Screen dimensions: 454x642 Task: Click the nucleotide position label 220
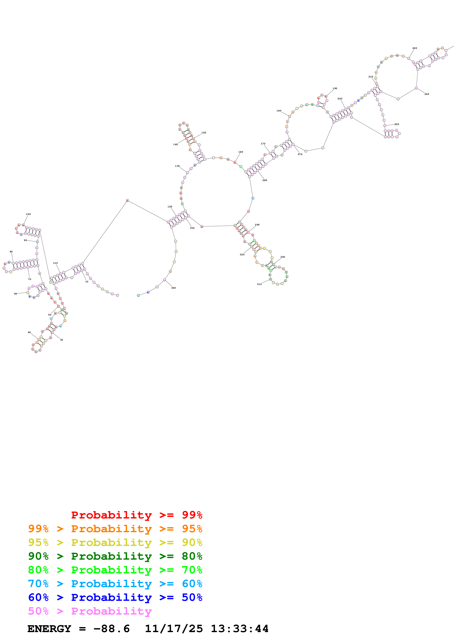[x=415, y=48]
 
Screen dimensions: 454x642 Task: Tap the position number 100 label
[x=28, y=214]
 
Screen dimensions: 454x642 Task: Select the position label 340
[x=173, y=288]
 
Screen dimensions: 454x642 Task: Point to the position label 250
[x=397, y=124]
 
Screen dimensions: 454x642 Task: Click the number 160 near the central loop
[x=241, y=152]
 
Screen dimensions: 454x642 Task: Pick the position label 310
[x=259, y=284]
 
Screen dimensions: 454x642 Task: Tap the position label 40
[x=29, y=333]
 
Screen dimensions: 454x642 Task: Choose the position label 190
[x=335, y=88]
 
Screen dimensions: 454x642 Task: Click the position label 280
[x=265, y=180]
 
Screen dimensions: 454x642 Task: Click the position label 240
[x=427, y=94]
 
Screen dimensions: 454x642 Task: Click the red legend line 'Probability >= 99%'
[x=136, y=515]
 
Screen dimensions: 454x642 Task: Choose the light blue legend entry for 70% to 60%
[x=115, y=584]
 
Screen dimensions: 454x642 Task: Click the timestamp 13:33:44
[x=239, y=629]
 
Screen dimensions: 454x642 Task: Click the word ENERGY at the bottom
[x=49, y=629]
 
